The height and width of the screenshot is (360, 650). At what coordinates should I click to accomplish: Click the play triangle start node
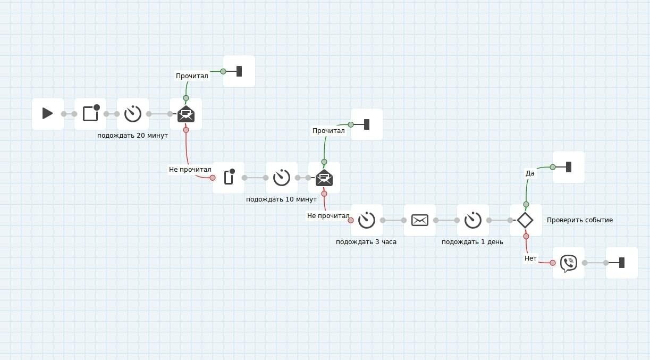pyautogui.click(x=48, y=113)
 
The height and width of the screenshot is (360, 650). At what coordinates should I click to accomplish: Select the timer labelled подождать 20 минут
pyautogui.click(x=133, y=114)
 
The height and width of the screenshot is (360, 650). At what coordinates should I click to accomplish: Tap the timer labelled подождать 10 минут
pyautogui.click(x=282, y=178)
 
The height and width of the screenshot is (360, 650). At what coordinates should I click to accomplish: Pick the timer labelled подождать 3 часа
pyautogui.click(x=367, y=220)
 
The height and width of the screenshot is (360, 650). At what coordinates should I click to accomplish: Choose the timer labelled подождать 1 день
pyautogui.click(x=473, y=220)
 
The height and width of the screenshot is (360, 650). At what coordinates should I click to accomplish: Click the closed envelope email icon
pyautogui.click(x=420, y=220)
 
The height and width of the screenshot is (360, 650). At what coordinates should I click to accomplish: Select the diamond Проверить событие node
pyautogui.click(x=525, y=220)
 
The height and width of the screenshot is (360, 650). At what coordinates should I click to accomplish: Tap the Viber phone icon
pyautogui.click(x=569, y=263)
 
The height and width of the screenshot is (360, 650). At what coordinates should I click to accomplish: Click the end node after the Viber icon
pyautogui.click(x=621, y=263)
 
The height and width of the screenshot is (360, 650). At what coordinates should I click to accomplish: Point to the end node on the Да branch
pyautogui.click(x=569, y=167)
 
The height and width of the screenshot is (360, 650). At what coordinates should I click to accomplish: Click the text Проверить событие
pyautogui.click(x=580, y=220)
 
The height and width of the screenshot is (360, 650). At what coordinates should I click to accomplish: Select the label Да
pyautogui.click(x=530, y=173)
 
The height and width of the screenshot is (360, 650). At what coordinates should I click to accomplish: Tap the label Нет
pyautogui.click(x=530, y=258)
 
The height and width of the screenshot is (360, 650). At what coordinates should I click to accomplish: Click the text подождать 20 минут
pyautogui.click(x=132, y=136)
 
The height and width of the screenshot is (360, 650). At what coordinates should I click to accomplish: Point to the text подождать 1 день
pyautogui.click(x=472, y=242)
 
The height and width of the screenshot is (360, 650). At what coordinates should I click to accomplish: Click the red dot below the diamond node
pyautogui.click(x=526, y=236)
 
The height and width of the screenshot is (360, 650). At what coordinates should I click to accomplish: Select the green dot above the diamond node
pyautogui.click(x=526, y=204)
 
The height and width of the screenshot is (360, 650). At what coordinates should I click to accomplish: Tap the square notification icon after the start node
pyautogui.click(x=91, y=113)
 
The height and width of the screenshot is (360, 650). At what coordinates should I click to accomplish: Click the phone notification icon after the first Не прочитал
pyautogui.click(x=229, y=177)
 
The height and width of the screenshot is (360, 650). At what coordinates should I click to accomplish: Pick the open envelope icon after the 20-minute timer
pyautogui.click(x=186, y=114)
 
